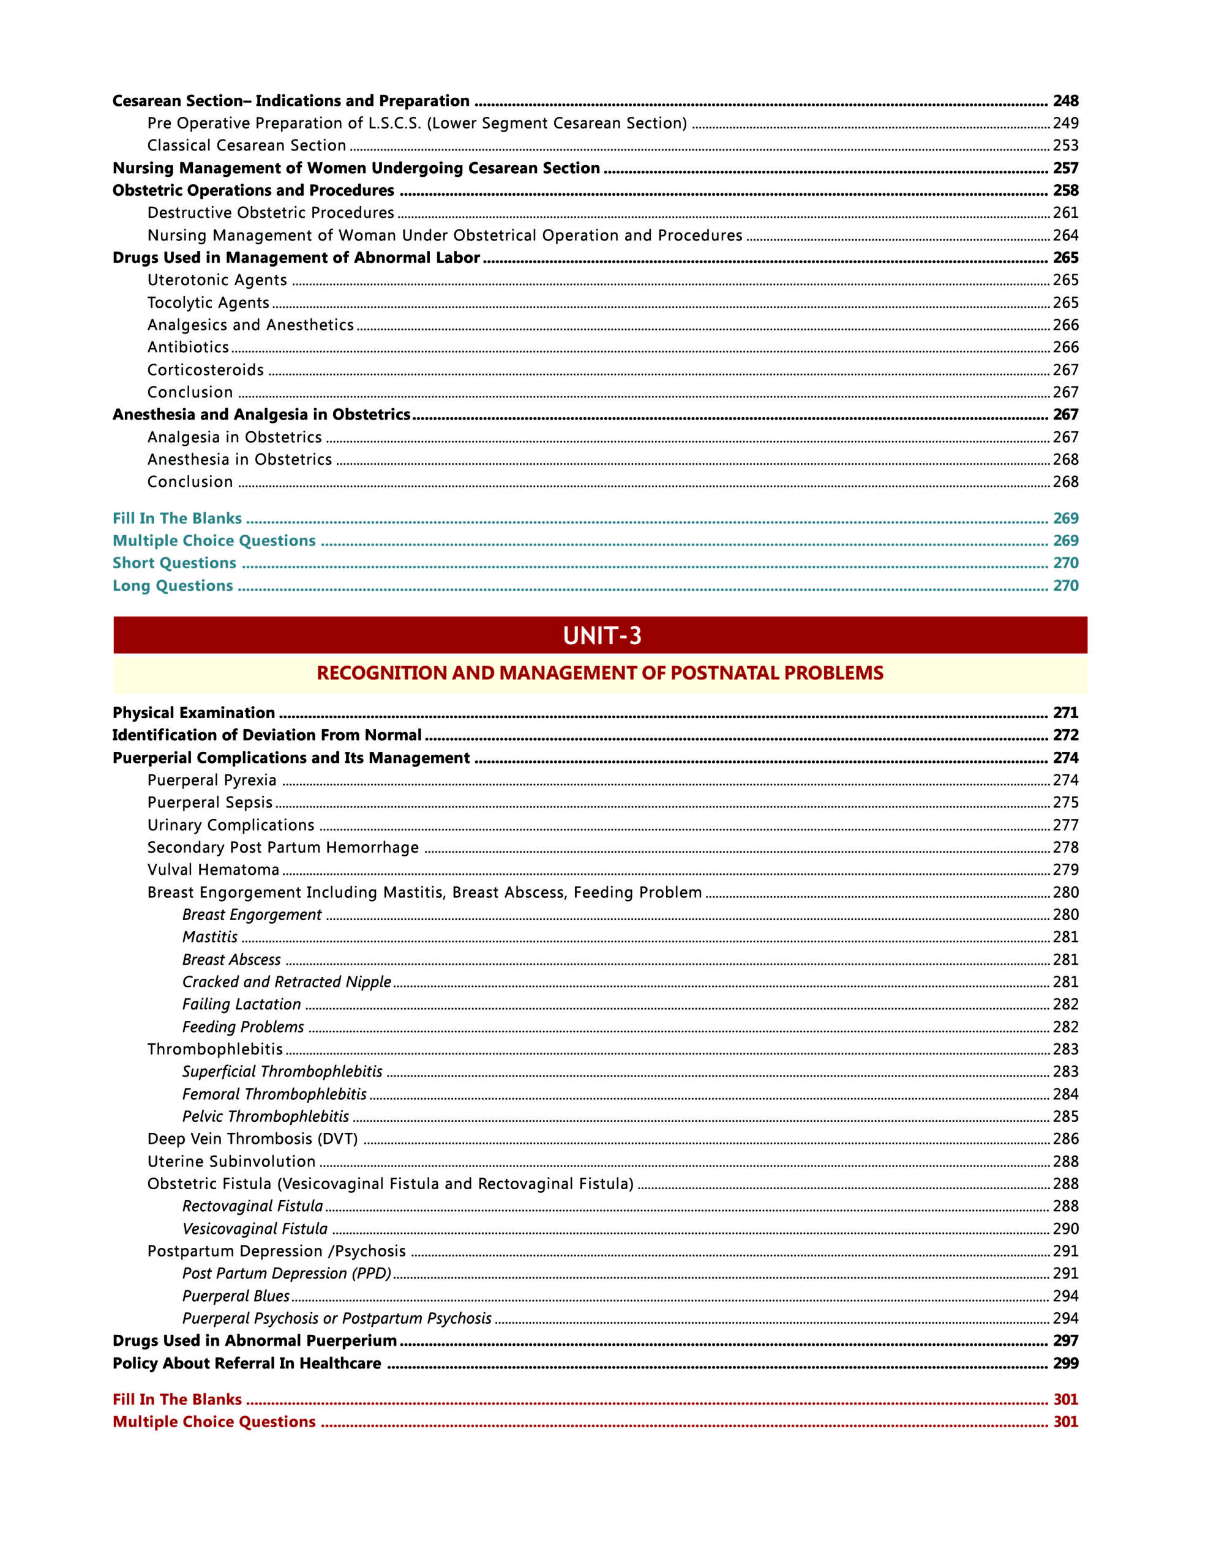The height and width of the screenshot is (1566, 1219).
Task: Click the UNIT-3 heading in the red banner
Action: (601, 636)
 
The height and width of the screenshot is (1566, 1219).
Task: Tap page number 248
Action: (1065, 100)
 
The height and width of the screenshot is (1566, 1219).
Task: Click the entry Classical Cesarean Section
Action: (246, 146)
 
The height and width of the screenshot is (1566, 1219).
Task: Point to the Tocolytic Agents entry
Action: (208, 303)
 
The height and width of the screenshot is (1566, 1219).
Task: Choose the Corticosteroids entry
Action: (205, 370)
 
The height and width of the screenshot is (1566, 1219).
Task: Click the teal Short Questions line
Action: (174, 563)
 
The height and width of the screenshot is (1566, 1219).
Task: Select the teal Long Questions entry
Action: (173, 586)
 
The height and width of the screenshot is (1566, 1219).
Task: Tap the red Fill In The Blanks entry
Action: (177, 1399)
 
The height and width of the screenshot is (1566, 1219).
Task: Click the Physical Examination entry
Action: (193, 713)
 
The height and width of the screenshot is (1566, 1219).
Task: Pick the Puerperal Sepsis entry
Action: (209, 803)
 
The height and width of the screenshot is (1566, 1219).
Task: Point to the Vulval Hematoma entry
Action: (213, 870)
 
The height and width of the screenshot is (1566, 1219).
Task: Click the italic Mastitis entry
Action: (209, 937)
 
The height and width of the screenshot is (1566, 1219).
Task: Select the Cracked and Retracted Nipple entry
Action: (287, 982)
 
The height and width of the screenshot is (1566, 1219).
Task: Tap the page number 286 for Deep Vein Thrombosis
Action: (1065, 1138)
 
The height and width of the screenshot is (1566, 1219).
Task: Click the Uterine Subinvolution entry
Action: (231, 1162)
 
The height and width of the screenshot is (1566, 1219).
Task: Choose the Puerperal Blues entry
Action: (235, 1296)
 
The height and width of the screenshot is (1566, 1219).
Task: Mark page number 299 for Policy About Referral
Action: (1065, 1363)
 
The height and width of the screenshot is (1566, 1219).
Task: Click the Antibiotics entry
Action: (188, 347)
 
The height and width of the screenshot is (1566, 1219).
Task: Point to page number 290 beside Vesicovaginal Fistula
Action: (1065, 1228)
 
